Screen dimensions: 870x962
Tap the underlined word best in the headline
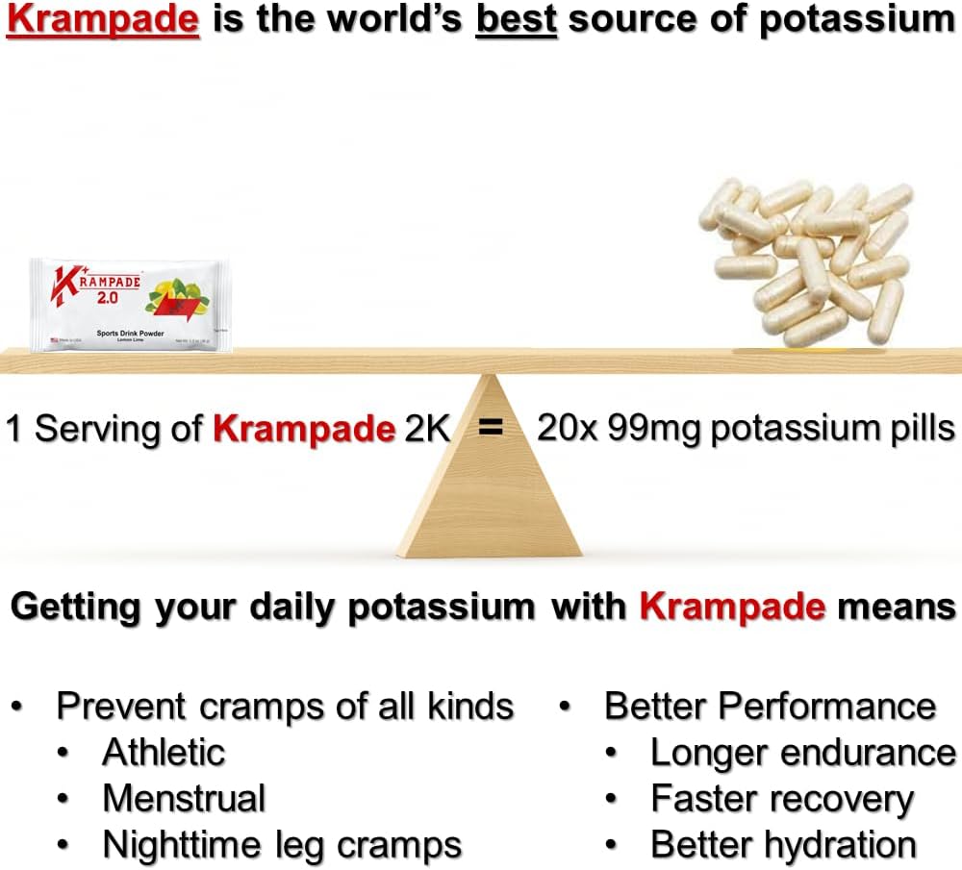point(517,20)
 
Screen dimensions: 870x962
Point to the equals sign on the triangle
point(492,428)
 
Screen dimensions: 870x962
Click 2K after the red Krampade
point(426,428)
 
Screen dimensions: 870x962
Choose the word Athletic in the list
point(164,752)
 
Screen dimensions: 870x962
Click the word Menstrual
point(184,799)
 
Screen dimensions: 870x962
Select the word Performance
point(826,707)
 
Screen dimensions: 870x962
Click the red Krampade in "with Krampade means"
point(732,607)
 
